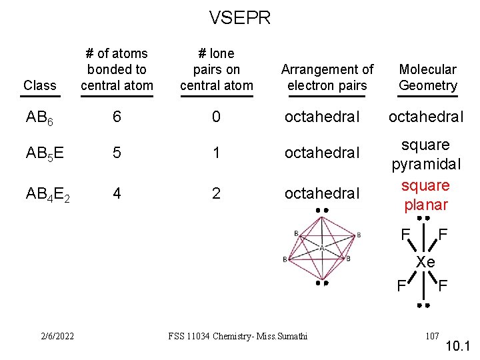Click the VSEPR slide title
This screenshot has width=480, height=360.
pos(240,17)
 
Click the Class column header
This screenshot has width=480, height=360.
pos(39,85)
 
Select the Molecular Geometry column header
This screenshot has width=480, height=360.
pos(428,77)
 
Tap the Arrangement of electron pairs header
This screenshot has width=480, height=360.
pos(327,77)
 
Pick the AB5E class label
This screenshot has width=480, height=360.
pos(45,153)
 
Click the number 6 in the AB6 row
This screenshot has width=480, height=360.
pos(117,117)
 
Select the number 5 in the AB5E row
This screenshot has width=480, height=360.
pos(117,153)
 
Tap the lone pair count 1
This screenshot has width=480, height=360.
pos(216,153)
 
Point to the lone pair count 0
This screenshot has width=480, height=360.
pos(216,117)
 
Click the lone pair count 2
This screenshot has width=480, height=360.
pos(216,193)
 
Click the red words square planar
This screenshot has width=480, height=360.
pos(425,195)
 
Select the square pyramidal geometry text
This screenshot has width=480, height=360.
pos(425,155)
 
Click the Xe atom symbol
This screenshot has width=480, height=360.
pos(425,262)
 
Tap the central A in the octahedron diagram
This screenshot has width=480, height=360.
pos(321,247)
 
